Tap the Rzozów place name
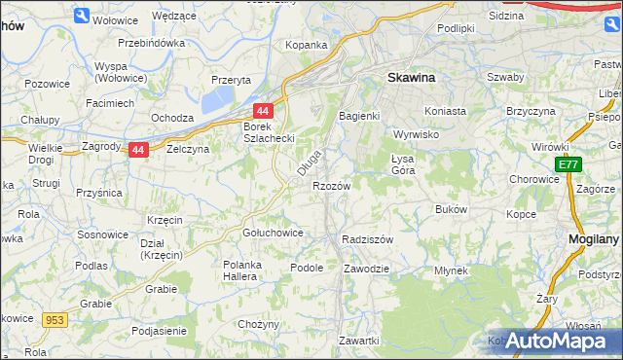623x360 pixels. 331,185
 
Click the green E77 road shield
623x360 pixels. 569,166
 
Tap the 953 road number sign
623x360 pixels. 54,318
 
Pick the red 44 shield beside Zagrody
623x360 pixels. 138,150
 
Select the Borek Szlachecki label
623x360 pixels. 269,132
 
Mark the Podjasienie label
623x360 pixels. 158,331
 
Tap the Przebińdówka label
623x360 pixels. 151,43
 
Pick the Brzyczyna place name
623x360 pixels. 530,111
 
